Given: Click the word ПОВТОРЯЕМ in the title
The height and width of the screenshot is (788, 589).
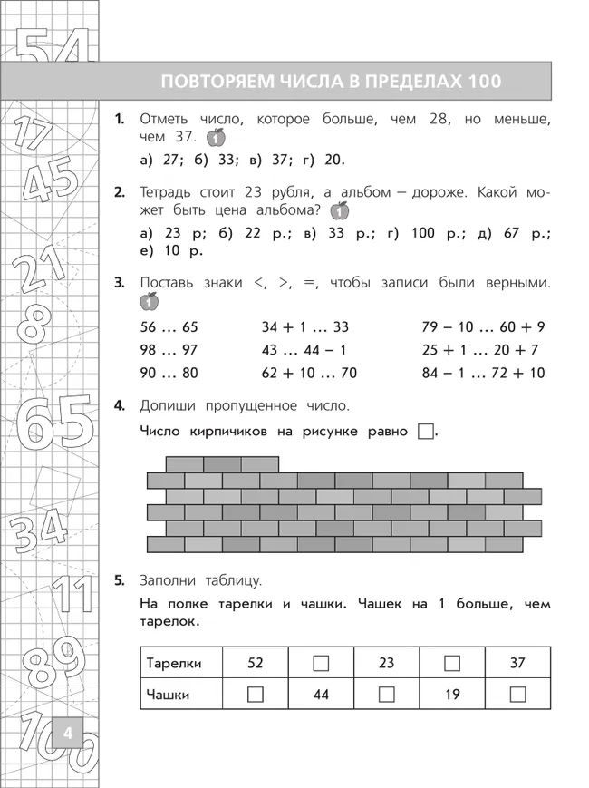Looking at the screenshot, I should tap(211, 81).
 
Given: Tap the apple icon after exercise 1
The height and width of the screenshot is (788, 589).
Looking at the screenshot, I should tap(215, 138).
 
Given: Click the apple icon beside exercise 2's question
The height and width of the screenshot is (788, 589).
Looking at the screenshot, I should tap(339, 211).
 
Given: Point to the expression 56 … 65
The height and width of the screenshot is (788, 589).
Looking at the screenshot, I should tap(169, 327).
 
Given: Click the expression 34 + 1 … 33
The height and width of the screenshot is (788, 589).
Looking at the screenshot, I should tap(304, 327).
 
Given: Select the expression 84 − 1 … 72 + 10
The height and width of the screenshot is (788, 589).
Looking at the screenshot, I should tap(483, 373).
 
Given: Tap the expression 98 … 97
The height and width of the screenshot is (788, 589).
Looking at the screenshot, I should tap(169, 350).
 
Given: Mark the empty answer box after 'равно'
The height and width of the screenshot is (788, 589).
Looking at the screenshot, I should tap(426, 432).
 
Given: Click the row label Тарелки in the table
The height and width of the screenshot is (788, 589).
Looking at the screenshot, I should tap(174, 663).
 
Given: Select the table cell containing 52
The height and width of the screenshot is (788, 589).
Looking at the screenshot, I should tap(255, 663).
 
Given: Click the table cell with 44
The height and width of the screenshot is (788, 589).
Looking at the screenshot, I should tap(321, 695).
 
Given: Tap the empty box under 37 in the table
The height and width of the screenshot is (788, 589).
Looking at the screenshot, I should tap(517, 695).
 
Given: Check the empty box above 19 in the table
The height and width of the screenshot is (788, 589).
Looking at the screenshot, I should tap(452, 663).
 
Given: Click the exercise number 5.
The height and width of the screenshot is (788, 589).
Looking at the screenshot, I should tap(120, 580).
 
